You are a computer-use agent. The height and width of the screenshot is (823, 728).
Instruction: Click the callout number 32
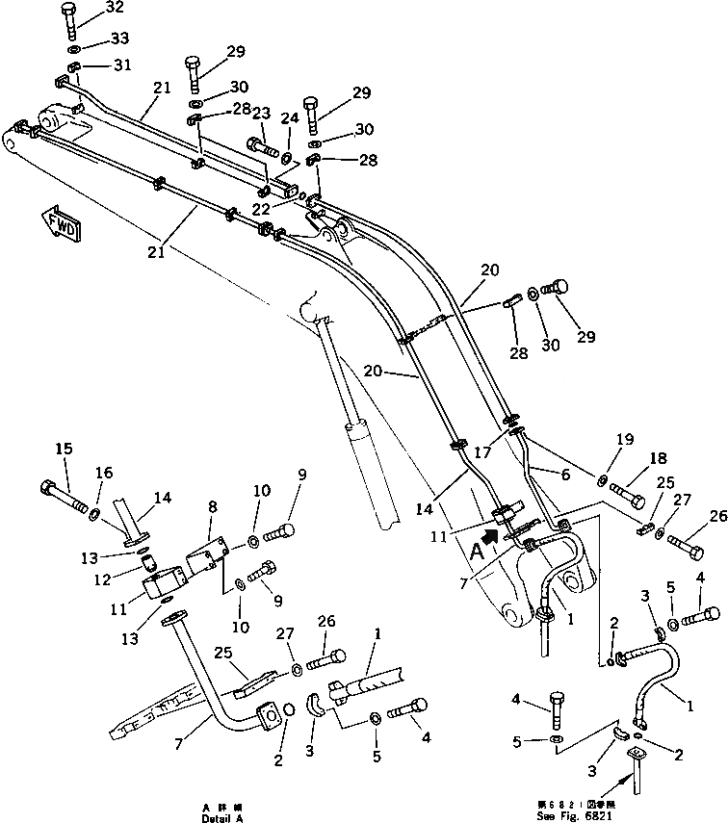[x=115, y=8]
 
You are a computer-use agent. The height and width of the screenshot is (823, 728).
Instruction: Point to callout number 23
[x=260, y=112]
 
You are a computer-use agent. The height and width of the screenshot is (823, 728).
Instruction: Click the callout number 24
[x=290, y=119]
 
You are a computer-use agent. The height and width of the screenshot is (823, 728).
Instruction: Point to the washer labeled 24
[x=288, y=155]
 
